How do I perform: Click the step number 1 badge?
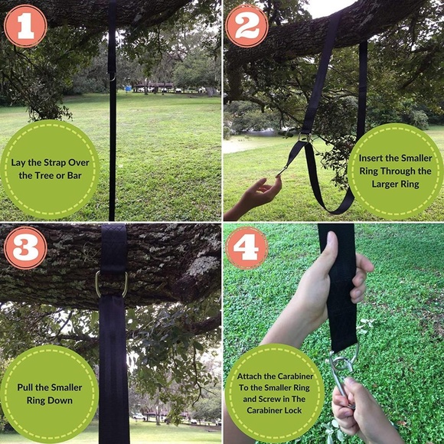[25, 26]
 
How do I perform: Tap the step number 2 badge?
[247, 26]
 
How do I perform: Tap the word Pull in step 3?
[28, 387]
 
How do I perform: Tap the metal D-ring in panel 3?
[112, 284]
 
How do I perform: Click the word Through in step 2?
[397, 171]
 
